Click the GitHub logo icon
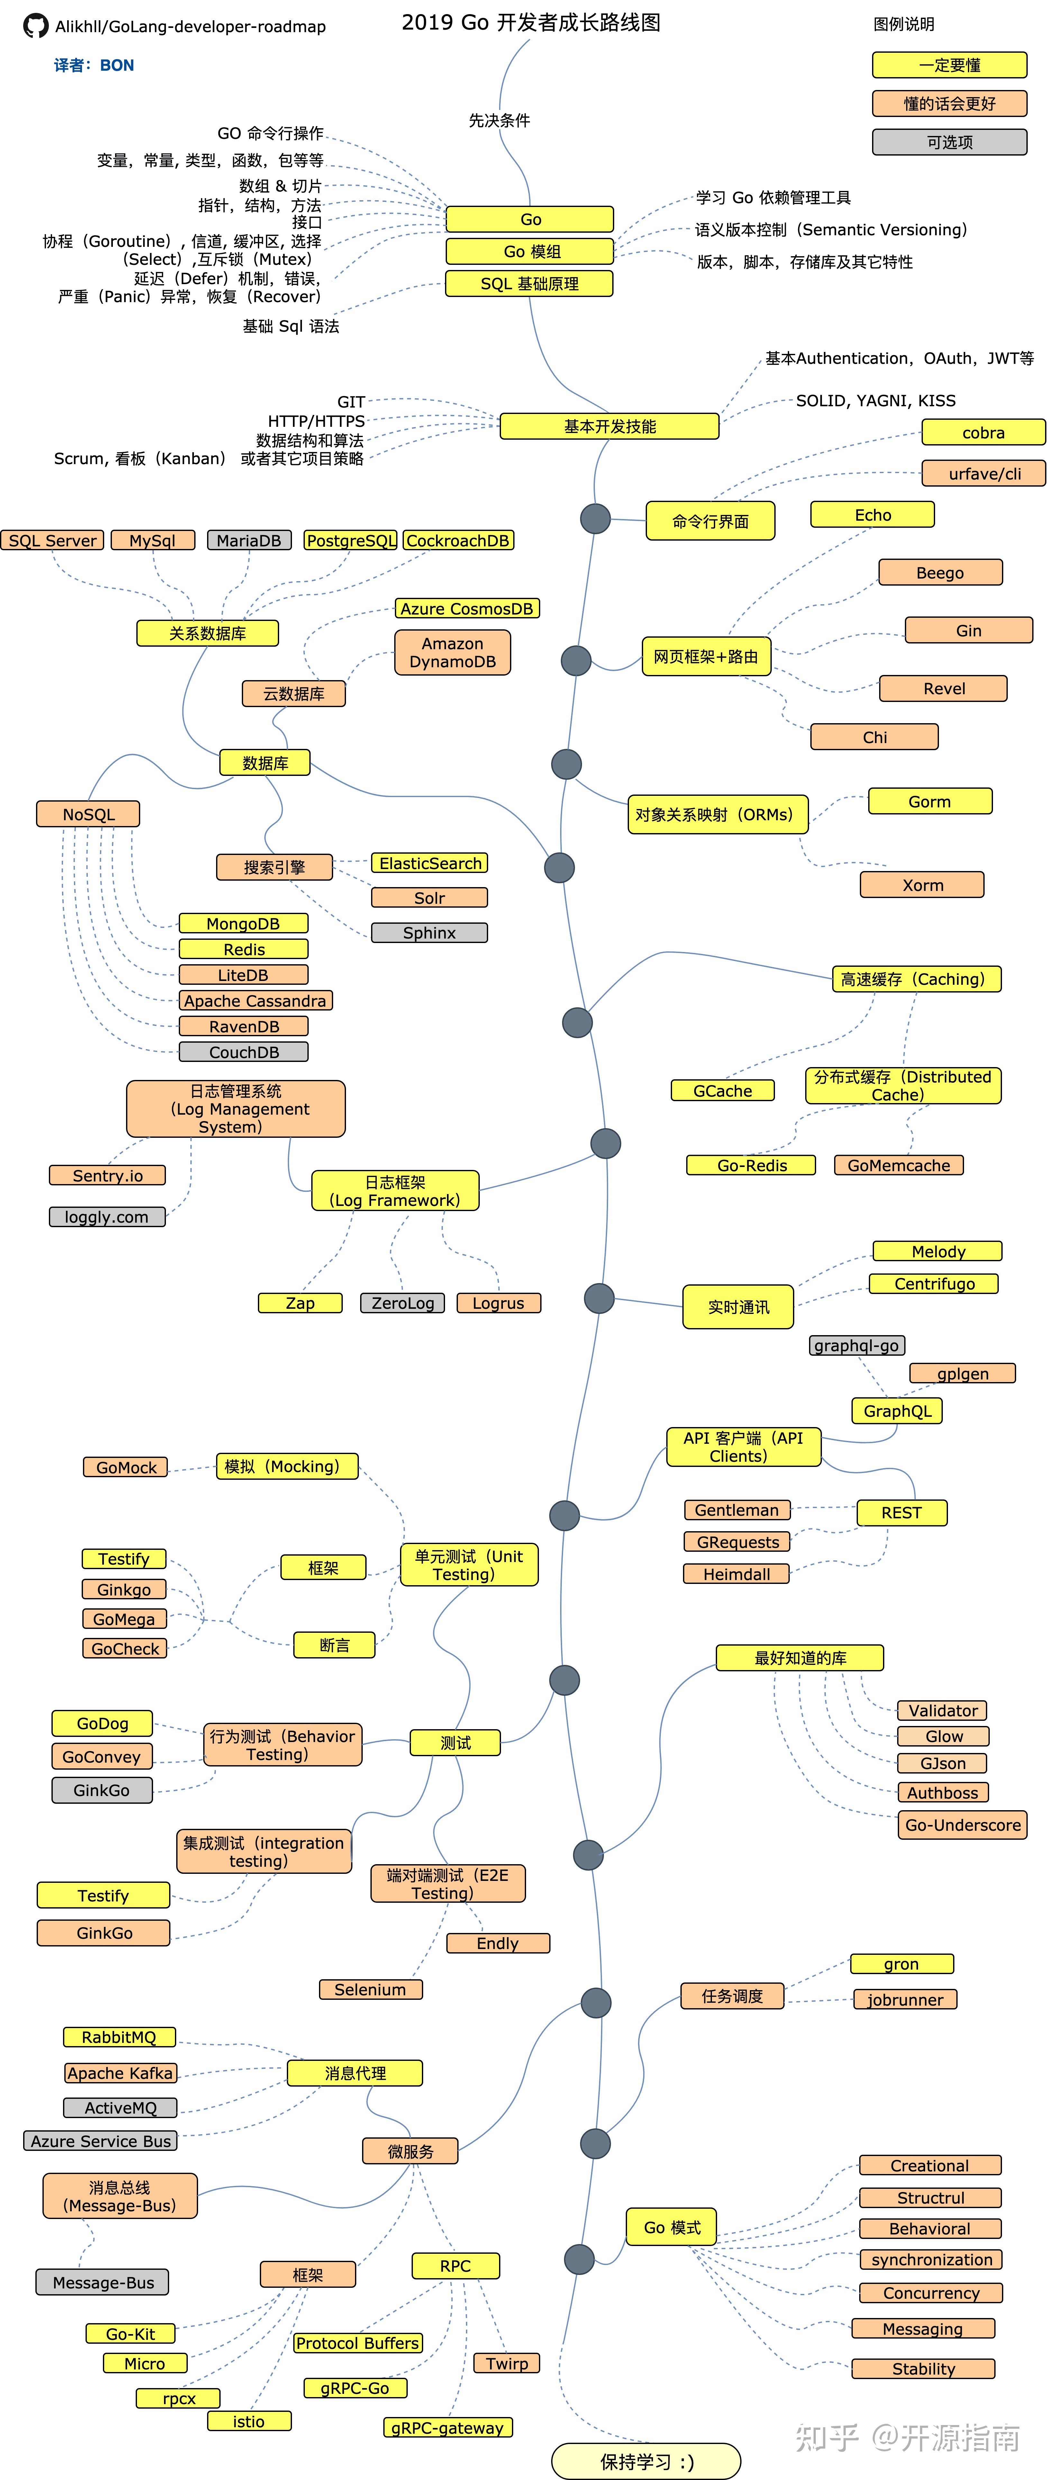coord(36,26)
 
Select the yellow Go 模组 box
coord(530,251)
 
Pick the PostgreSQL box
coord(351,540)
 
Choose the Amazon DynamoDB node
coord(453,653)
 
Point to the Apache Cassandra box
coord(255,1000)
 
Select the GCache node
coord(723,1091)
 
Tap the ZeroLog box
coord(403,1303)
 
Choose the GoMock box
coord(126,1467)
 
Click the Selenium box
coord(371,1989)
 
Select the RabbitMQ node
coord(119,2037)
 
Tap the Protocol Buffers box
coord(357,2343)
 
